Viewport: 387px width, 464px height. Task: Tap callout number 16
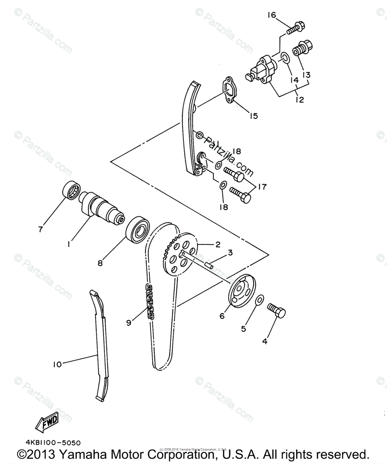coord(271,15)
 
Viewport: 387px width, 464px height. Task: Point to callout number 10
coord(57,364)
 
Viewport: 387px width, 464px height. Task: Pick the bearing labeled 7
coord(71,190)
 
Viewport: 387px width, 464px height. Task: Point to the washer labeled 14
coord(284,58)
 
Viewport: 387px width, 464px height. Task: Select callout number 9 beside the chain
coord(128,322)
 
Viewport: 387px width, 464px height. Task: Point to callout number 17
coord(262,187)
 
